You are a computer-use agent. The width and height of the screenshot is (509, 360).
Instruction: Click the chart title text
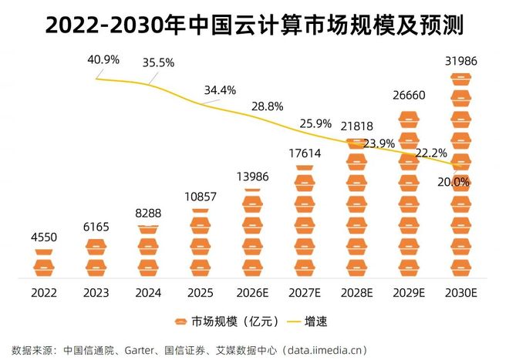[x=254, y=25]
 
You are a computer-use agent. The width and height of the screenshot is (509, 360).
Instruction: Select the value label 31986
[x=460, y=61]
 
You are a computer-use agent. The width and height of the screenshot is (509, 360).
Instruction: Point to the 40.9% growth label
[x=103, y=59]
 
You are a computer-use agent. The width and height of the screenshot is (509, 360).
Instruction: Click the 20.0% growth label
[x=453, y=182]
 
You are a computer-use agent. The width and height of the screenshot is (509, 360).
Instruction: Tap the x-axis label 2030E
[x=460, y=294]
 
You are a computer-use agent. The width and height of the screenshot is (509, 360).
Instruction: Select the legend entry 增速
[x=315, y=321]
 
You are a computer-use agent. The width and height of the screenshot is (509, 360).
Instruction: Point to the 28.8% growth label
[x=269, y=106]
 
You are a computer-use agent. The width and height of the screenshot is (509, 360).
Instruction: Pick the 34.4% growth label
[x=220, y=89]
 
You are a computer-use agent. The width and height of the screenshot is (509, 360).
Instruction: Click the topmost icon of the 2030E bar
[x=460, y=79]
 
